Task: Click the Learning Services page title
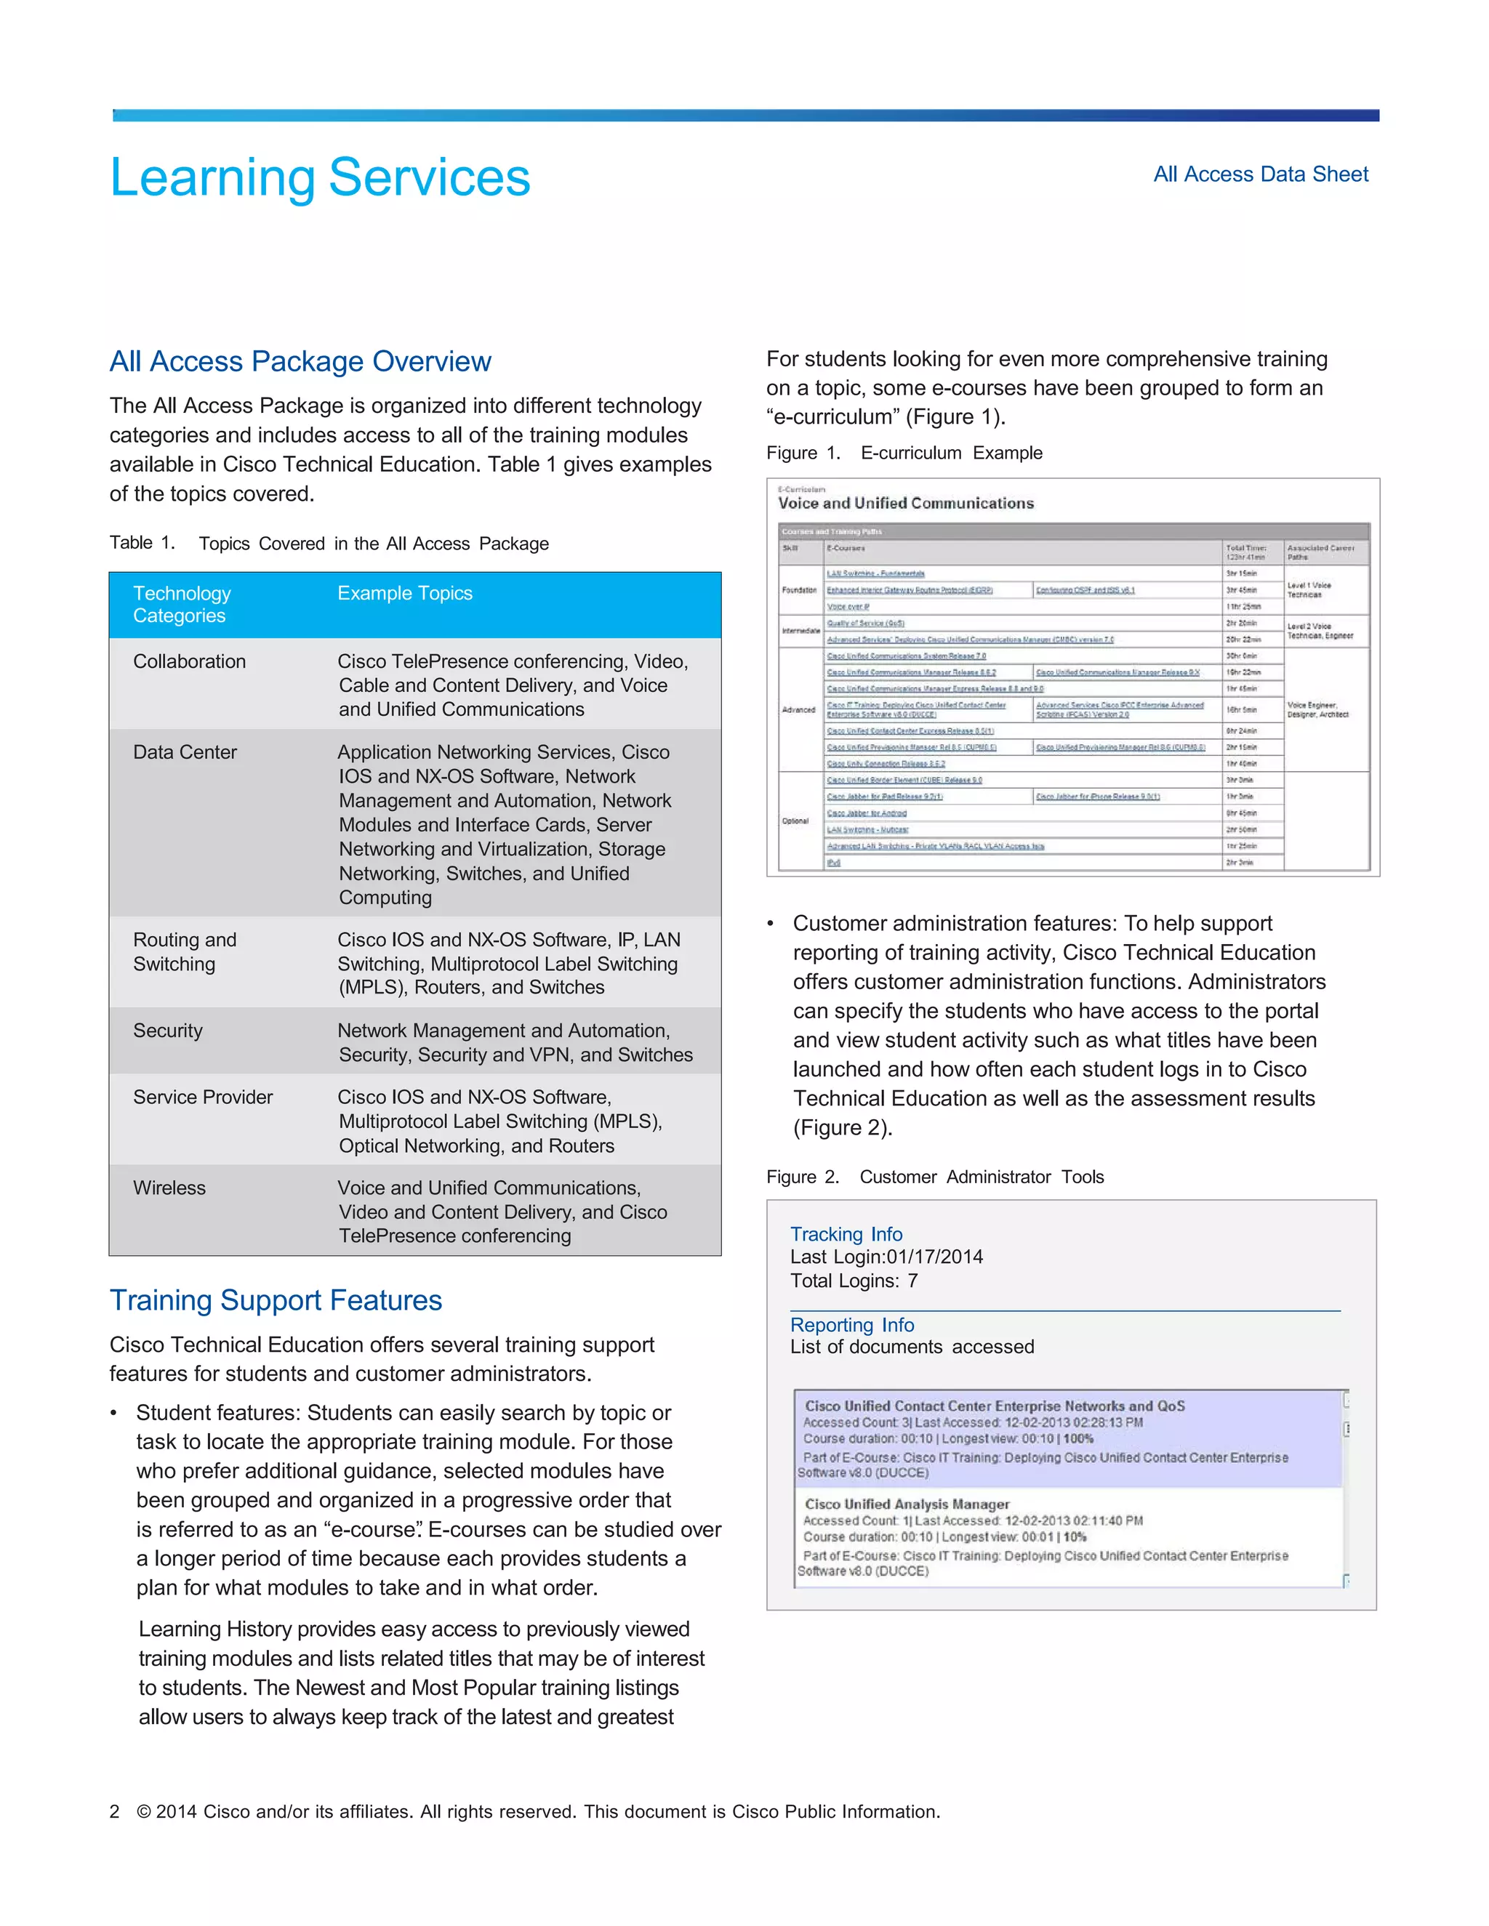click(x=319, y=177)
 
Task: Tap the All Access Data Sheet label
click(x=1260, y=174)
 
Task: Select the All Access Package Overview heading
click(x=300, y=361)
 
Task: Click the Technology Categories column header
click(x=182, y=604)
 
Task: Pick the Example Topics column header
click(x=404, y=594)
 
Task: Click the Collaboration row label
click(x=189, y=661)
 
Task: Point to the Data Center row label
click(x=185, y=752)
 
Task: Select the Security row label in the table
click(x=168, y=1031)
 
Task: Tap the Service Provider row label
click(x=203, y=1097)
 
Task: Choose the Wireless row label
click(x=169, y=1188)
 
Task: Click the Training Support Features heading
click(x=276, y=1300)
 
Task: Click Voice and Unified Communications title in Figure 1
click(x=905, y=504)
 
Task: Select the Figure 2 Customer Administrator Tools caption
click(x=934, y=1177)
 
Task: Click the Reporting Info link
click(x=851, y=1324)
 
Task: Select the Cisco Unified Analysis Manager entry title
click(x=906, y=1504)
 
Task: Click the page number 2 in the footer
click(x=115, y=1812)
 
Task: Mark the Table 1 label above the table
click(x=142, y=543)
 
